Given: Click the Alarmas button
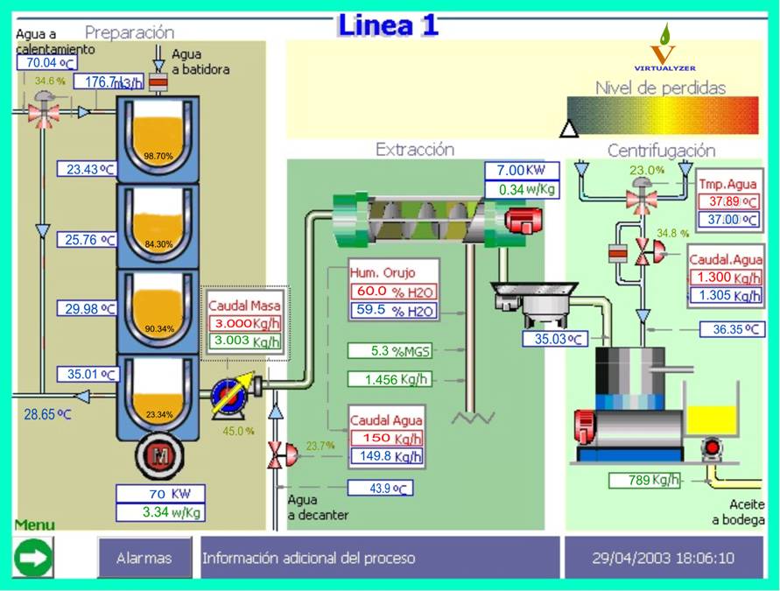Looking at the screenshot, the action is [144, 558].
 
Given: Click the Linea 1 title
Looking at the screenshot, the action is [388, 25].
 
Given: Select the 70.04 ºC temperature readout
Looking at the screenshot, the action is [47, 62].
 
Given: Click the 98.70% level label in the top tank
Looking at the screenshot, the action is [158, 156].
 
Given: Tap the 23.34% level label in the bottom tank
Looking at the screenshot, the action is [159, 414].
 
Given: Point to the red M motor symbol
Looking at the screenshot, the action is [159, 455].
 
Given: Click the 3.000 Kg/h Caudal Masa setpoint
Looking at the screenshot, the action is [244, 323].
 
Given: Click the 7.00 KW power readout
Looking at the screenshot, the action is [522, 171].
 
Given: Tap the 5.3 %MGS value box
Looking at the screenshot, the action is [390, 351].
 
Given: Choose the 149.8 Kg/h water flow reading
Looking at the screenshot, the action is [387, 456].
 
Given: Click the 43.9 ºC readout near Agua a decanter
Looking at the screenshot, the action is [380, 488].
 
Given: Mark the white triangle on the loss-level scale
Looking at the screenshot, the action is [569, 129].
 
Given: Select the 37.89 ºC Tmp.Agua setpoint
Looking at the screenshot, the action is [728, 201].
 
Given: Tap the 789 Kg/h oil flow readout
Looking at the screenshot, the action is [644, 481].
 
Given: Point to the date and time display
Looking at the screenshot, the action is [663, 558].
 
